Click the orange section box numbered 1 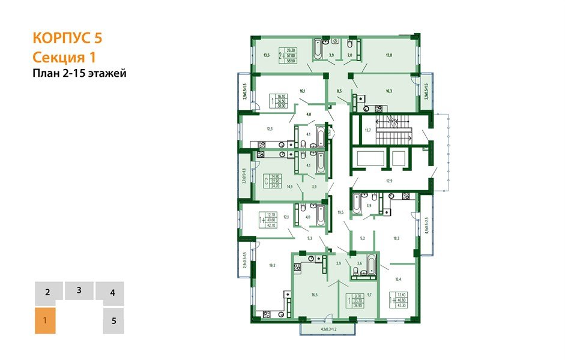46,320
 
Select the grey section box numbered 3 79,290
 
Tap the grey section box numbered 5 113,320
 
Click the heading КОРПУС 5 67,38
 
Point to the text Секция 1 64,57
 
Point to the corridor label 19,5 340,212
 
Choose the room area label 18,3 396,238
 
